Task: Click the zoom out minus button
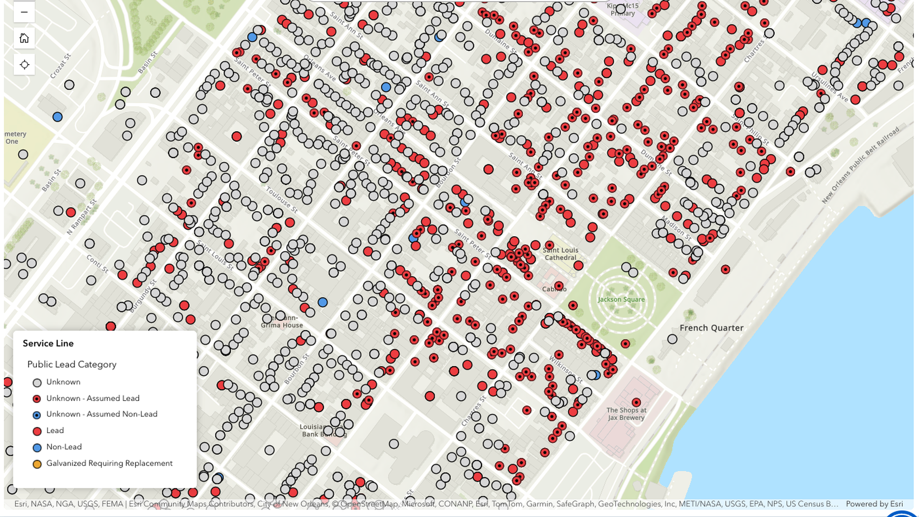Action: [24, 12]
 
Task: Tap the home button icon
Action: [24, 38]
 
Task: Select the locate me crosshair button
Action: [24, 65]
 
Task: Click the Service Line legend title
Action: [48, 343]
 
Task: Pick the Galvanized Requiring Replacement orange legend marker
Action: [37, 464]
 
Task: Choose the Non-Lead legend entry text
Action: [64, 447]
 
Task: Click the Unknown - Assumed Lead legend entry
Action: [92, 398]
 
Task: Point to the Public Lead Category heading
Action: [72, 364]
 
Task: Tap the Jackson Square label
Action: [621, 300]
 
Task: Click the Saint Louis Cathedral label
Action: [560, 254]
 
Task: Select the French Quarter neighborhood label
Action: [711, 328]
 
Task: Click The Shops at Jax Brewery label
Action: [626, 414]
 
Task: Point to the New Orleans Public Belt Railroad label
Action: [860, 165]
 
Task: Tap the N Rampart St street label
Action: [82, 217]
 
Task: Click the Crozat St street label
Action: [60, 66]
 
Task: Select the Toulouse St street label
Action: [281, 200]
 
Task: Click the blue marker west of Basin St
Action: [57, 117]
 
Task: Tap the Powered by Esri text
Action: [874, 504]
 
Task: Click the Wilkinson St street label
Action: [566, 370]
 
